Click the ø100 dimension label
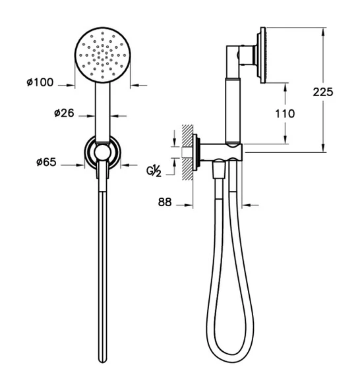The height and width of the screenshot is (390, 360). pyautogui.click(x=40, y=82)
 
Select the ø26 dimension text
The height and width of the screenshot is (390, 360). pyautogui.click(x=64, y=113)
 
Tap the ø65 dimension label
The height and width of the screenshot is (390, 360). pyautogui.click(x=46, y=162)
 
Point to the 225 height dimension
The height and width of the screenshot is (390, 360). pyautogui.click(x=323, y=92)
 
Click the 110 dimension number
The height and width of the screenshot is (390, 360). pyautogui.click(x=285, y=114)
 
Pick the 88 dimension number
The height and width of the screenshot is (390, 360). pyautogui.click(x=165, y=202)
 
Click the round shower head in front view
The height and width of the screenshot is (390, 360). pyautogui.click(x=103, y=55)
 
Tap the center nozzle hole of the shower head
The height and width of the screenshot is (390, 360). pyautogui.click(x=103, y=55)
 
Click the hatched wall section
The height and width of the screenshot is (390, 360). pyautogui.click(x=188, y=152)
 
